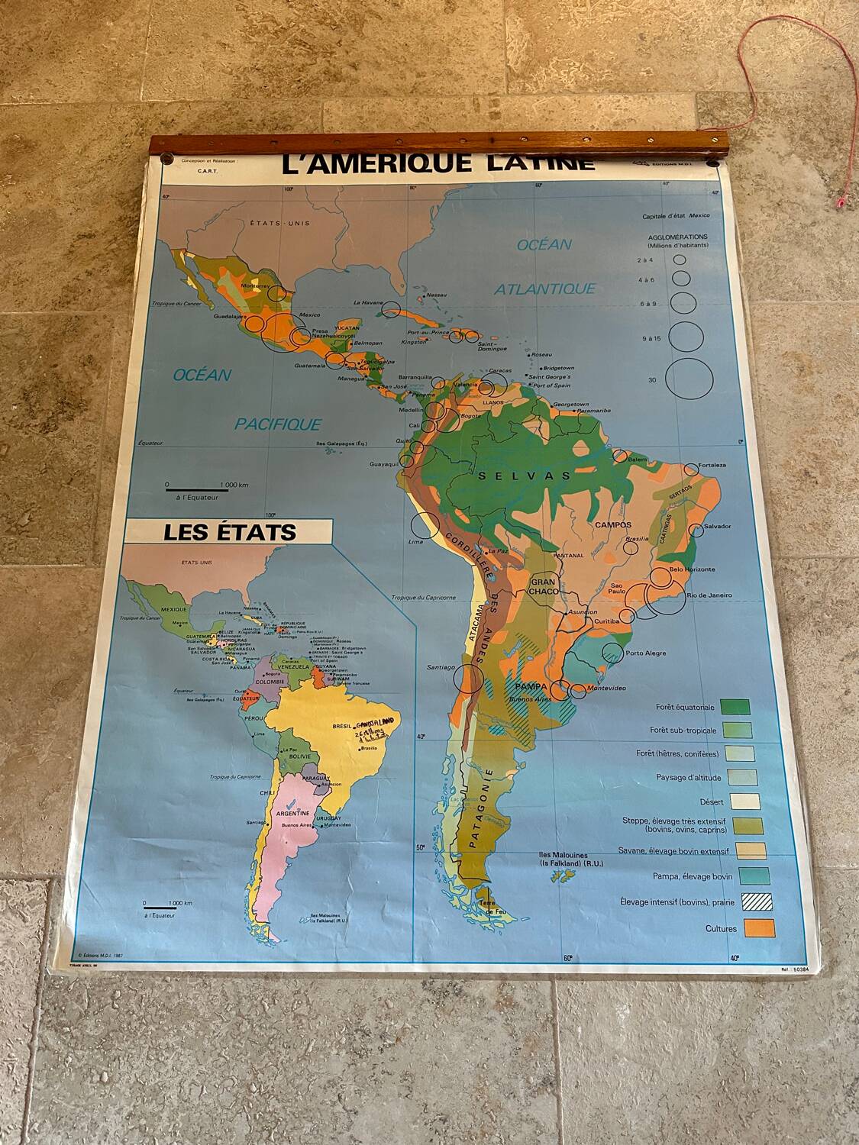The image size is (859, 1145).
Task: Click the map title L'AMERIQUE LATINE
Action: [438, 163]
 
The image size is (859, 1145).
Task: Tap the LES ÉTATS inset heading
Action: [229, 532]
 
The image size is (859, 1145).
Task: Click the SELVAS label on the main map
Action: [525, 476]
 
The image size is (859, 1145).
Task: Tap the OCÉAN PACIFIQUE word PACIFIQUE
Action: [278, 424]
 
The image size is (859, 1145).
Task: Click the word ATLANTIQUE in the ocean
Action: [544, 289]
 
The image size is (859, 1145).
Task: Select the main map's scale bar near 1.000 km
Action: [192, 489]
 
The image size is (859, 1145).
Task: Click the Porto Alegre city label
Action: [645, 653]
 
